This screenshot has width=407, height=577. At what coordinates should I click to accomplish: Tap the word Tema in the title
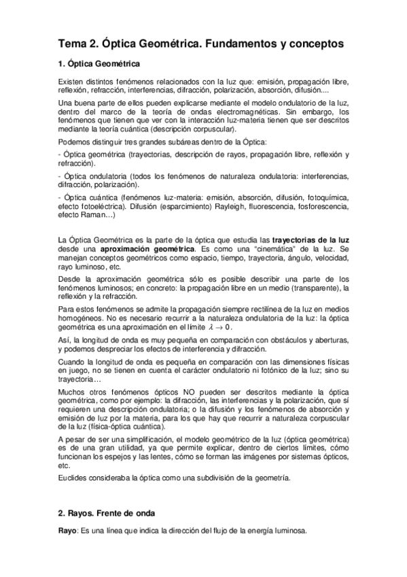coord(73,43)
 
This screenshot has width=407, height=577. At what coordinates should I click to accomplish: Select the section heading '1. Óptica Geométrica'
coord(99,65)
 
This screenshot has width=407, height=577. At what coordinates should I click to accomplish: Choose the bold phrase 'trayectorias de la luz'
coord(311,240)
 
